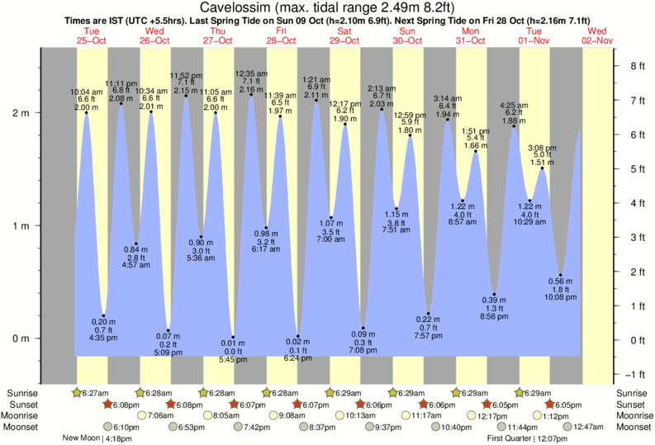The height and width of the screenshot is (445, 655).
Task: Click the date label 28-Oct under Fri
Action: click(x=281, y=40)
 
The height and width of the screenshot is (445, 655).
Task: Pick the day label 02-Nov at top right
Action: click(x=597, y=40)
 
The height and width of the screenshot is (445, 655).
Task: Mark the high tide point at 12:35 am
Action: click(x=251, y=94)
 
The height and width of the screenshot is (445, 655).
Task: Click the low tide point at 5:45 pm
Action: click(x=234, y=337)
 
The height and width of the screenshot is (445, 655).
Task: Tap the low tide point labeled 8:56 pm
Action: click(x=494, y=295)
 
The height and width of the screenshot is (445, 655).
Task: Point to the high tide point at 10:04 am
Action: click(x=86, y=113)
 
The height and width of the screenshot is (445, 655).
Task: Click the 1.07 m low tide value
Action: click(x=330, y=223)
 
